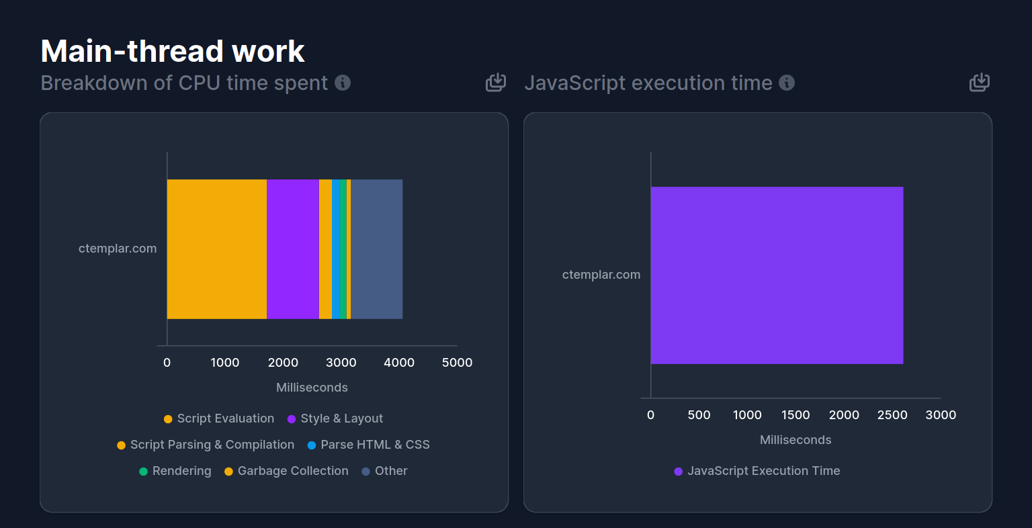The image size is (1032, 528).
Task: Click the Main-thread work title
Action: click(x=173, y=51)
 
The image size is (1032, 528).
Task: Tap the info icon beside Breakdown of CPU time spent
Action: click(x=343, y=83)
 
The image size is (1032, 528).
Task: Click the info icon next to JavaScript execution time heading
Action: click(x=787, y=83)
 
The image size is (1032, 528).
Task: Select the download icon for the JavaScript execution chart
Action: click(x=980, y=83)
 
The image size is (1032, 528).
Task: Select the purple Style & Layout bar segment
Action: click(x=293, y=249)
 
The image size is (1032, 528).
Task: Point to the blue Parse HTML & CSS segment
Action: click(x=336, y=249)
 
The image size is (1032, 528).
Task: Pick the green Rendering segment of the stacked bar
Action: click(x=343, y=249)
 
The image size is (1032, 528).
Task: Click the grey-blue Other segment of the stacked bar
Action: click(x=377, y=249)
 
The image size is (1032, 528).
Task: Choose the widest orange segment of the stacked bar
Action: click(x=217, y=249)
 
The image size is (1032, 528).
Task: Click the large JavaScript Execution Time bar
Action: click(x=777, y=275)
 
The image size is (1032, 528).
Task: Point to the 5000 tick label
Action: click(x=457, y=363)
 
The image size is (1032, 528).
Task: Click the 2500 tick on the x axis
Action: click(x=892, y=415)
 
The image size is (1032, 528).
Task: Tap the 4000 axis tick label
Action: click(x=399, y=363)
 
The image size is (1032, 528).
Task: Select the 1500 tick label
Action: click(x=795, y=415)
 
